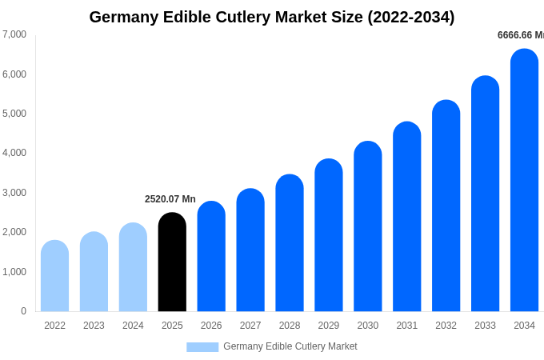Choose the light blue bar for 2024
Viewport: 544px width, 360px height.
click(x=133, y=267)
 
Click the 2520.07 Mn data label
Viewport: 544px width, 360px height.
click(x=170, y=199)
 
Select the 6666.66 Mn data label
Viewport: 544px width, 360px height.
click(x=520, y=35)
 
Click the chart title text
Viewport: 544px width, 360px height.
click(x=272, y=17)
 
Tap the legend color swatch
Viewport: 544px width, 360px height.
click(x=202, y=347)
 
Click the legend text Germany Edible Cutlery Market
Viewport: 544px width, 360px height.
click(x=290, y=346)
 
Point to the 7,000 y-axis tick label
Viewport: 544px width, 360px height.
click(x=14, y=34)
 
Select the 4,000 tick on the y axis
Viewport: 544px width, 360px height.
click(x=14, y=153)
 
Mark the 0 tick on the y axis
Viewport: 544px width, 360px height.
click(x=23, y=311)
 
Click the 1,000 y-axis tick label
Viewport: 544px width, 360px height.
click(x=14, y=272)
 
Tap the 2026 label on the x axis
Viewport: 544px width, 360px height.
click(x=211, y=326)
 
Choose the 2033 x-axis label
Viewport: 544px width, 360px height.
click(x=485, y=326)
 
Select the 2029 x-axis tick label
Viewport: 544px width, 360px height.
click(x=329, y=326)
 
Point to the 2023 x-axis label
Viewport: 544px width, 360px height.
click(x=94, y=326)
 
